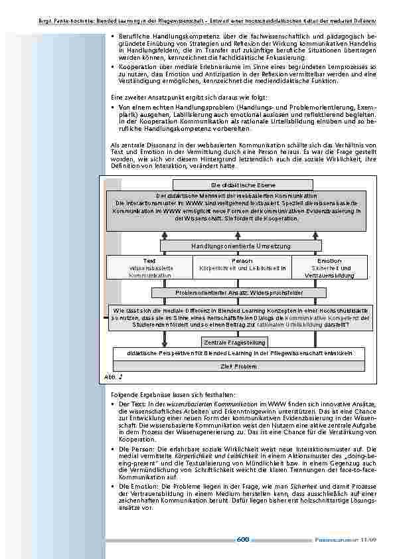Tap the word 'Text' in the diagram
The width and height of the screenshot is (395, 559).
(x=149, y=261)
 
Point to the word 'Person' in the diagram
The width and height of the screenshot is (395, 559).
(x=242, y=261)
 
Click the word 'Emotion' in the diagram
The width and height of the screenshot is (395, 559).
(x=329, y=261)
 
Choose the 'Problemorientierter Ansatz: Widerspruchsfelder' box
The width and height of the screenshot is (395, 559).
(x=239, y=292)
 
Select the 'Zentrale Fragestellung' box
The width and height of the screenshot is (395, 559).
(x=234, y=343)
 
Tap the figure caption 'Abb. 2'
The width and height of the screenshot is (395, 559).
(x=114, y=376)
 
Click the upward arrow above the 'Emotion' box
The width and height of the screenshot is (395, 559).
(x=316, y=234)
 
